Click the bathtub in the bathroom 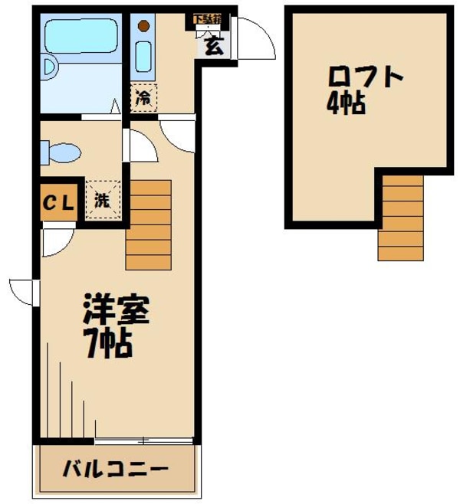pos(80,36)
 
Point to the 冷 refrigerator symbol pos(143,98)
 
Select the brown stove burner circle pos(143,26)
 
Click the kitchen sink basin pos(143,55)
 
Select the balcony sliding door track pos(143,440)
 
